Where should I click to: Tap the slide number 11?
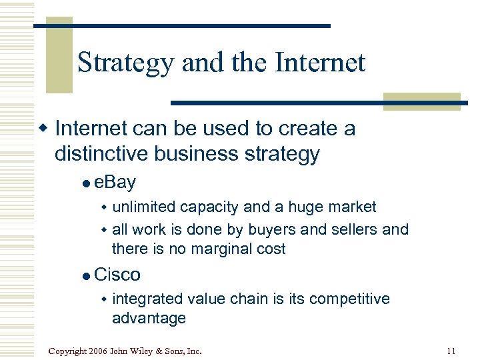(451, 350)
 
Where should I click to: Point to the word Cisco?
(117, 274)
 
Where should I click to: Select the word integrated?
(148, 299)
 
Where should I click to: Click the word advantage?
(149, 319)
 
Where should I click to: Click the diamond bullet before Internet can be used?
(44, 128)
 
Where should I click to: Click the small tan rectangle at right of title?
(422, 101)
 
